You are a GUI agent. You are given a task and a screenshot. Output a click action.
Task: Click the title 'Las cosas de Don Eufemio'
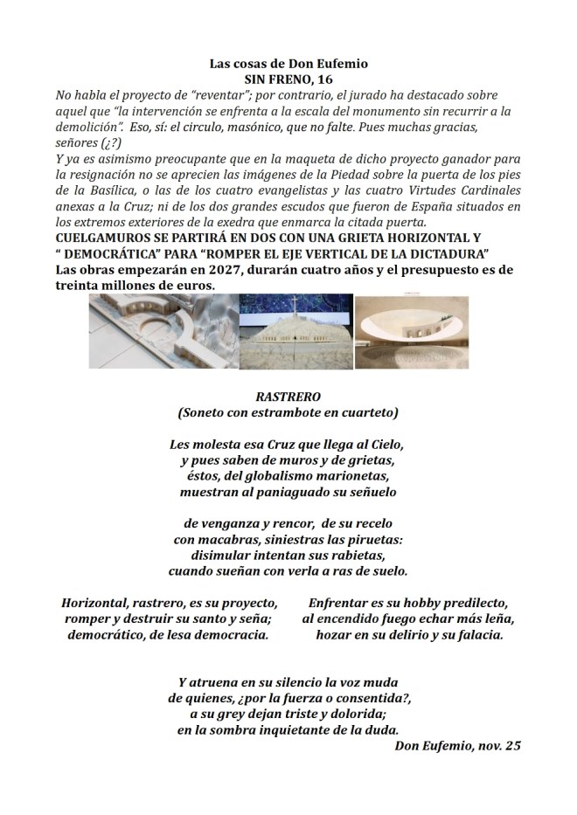(288, 64)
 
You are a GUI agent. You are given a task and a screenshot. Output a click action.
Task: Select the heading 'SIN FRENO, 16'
(288, 79)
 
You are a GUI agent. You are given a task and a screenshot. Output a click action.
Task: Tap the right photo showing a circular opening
(412, 332)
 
